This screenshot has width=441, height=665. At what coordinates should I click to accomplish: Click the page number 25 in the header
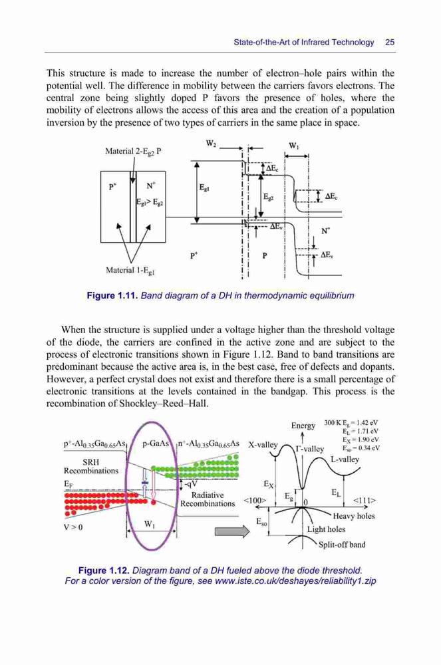point(390,42)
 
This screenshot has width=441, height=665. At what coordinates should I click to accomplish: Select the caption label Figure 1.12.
point(104,570)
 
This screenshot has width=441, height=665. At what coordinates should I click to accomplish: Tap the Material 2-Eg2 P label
point(133,152)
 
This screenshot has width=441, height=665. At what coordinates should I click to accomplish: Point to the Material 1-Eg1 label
point(130,270)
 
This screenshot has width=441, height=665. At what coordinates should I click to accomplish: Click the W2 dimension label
point(211,144)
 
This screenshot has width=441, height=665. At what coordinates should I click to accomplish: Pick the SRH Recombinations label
point(91,466)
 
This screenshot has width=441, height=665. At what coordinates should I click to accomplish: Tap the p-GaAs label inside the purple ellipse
point(156,444)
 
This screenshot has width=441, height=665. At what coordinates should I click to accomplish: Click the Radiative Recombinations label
point(208,499)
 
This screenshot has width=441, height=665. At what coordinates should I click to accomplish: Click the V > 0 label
point(73,527)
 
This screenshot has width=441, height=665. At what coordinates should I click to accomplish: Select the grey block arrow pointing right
point(232,531)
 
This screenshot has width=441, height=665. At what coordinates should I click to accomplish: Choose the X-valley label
point(263,445)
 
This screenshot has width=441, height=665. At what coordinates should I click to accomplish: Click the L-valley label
point(345,460)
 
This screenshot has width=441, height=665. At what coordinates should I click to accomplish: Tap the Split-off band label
point(342,545)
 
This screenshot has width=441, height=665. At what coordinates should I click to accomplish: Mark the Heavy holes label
point(354,516)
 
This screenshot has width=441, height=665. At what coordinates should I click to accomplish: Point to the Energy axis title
point(303,426)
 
